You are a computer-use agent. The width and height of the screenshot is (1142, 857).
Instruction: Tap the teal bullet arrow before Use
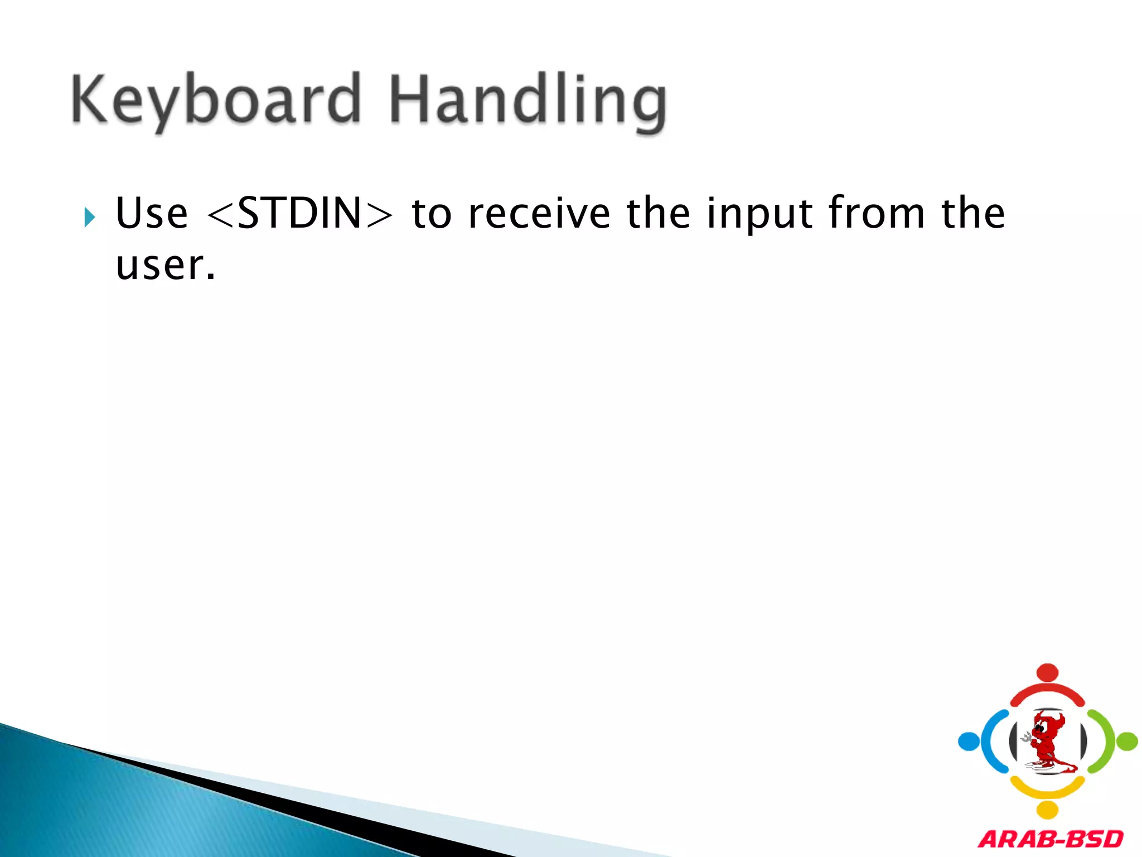click(89, 216)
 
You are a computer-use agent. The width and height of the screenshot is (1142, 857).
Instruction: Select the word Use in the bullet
click(152, 214)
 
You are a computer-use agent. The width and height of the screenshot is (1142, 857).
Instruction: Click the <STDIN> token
click(299, 214)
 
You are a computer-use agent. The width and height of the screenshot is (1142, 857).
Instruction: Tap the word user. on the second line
click(165, 266)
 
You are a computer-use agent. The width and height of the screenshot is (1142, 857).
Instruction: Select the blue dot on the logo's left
click(969, 742)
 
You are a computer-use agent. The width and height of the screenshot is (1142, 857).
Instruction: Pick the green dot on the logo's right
click(1127, 742)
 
